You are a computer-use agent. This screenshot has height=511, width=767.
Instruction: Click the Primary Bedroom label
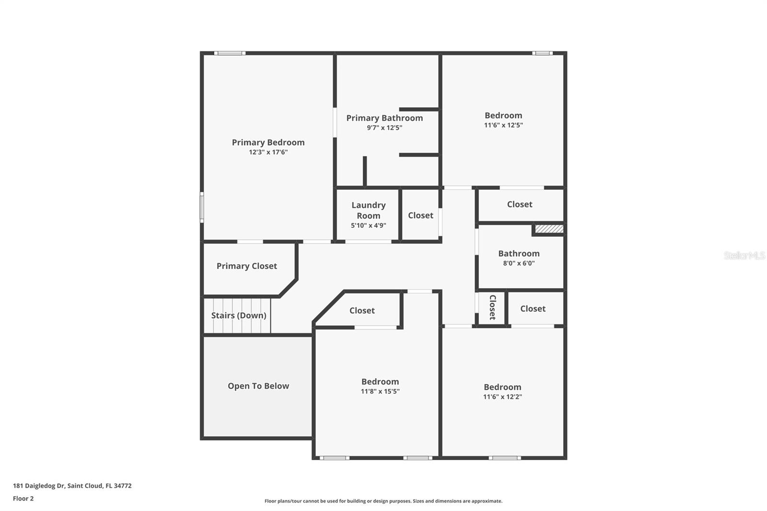(268, 142)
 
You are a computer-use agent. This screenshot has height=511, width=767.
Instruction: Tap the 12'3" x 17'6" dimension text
(268, 152)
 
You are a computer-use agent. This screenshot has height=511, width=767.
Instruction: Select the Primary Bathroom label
(384, 118)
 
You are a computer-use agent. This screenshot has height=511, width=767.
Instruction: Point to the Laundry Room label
(368, 210)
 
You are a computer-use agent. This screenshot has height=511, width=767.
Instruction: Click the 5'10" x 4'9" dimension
(368, 225)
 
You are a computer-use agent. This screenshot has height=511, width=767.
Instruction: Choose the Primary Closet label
(246, 266)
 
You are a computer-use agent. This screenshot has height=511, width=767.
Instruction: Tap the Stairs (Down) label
(238, 315)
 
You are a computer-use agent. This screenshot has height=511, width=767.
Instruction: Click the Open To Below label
(258, 386)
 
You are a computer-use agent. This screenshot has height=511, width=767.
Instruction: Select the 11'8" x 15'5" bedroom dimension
(380, 392)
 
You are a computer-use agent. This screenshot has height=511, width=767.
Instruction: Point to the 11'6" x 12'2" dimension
(502, 397)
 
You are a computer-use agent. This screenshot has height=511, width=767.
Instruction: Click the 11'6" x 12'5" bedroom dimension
(503, 125)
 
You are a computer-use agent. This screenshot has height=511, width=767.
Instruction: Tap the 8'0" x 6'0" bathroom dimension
(519, 263)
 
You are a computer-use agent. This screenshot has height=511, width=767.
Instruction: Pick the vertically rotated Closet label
(492, 307)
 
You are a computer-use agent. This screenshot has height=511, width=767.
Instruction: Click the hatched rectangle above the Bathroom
(549, 229)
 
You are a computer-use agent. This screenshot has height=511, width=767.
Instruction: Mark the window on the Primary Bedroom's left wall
(202, 207)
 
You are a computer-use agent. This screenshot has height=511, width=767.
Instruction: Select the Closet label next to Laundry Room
(420, 216)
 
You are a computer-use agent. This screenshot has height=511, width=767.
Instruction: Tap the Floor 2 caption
(23, 499)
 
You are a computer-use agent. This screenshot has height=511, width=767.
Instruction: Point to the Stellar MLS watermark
(744, 255)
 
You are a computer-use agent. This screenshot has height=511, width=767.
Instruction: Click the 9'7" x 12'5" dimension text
(384, 128)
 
